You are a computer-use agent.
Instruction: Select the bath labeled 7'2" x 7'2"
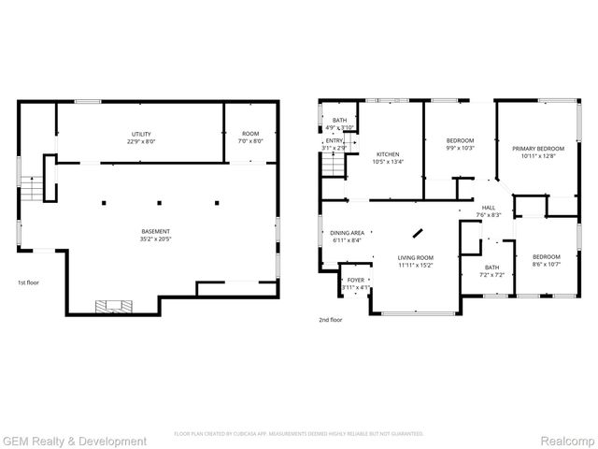click(x=491, y=270)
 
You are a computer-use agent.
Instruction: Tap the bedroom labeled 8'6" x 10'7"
click(x=546, y=261)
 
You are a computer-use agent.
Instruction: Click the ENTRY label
click(x=334, y=144)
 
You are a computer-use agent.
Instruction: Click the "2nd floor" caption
click(x=331, y=320)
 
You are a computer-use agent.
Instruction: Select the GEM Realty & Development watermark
click(x=75, y=441)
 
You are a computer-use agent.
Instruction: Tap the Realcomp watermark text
click(x=568, y=441)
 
